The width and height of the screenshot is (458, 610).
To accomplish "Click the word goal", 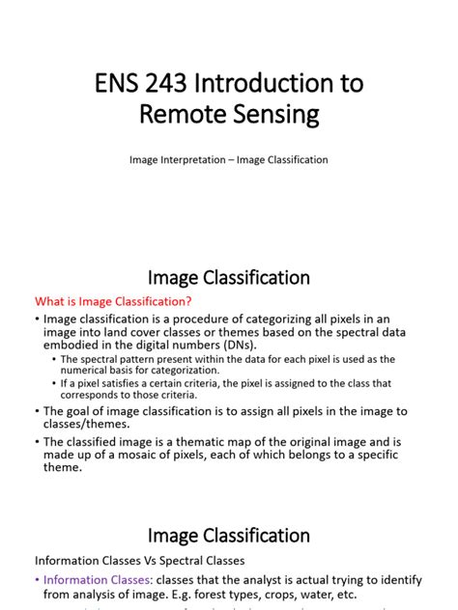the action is pyautogui.click(x=75, y=411).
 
